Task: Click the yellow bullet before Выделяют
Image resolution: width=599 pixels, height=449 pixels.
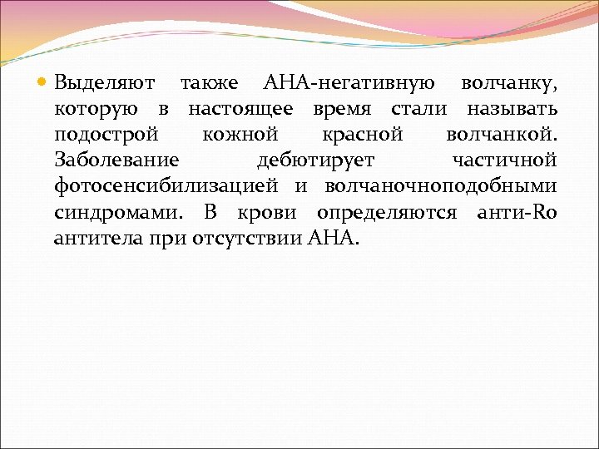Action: (44, 83)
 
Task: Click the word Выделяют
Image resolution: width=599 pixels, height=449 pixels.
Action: (102, 83)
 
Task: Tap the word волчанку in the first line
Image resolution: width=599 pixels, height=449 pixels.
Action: (509, 83)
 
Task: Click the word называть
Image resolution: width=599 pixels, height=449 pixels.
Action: (512, 109)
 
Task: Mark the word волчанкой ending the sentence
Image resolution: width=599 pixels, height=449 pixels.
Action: (502, 135)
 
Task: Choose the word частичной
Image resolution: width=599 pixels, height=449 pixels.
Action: (504, 160)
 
